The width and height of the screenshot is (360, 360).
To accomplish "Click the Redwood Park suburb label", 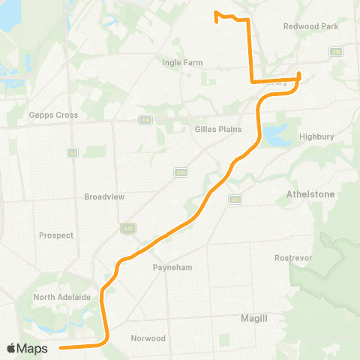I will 310,26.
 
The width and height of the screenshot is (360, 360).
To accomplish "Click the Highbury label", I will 315,136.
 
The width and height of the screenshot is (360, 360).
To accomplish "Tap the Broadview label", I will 104,196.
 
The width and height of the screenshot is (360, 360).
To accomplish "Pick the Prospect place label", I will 56,235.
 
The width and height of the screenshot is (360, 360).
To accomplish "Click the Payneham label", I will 169,267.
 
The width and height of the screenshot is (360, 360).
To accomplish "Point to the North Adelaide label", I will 62,298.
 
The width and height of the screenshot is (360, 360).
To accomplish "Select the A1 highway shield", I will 73,153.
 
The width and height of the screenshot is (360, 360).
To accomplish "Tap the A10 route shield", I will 180,172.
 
